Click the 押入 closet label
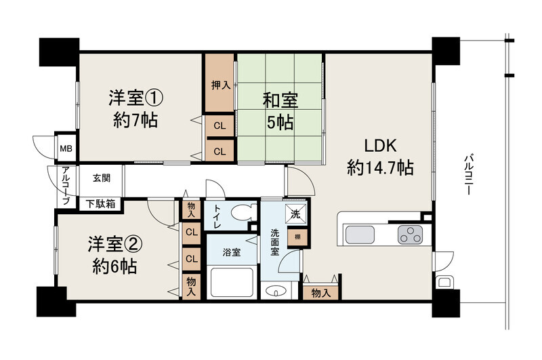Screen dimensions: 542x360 pyautogui.click(x=221, y=85)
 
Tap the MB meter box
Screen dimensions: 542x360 pyautogui.click(x=66, y=148)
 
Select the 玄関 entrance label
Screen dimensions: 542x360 pyautogui.click(x=101, y=178)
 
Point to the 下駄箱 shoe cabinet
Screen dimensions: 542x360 pyautogui.click(x=100, y=204)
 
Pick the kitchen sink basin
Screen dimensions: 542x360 pyautogui.click(x=360, y=235)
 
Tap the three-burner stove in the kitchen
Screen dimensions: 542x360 pyautogui.click(x=411, y=235)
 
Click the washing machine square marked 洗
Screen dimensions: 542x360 pyautogui.click(x=295, y=214)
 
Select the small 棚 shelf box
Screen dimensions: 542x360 pyautogui.click(x=297, y=237)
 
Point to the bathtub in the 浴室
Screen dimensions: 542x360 pyautogui.click(x=232, y=282)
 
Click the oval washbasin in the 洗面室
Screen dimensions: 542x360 pyautogui.click(x=276, y=291)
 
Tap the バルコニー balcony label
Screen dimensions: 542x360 pyautogui.click(x=468, y=175)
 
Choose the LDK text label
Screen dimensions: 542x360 pyautogui.click(x=380, y=146)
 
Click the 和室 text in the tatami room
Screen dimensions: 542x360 pyautogui.click(x=280, y=100)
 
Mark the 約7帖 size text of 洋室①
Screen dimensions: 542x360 pyautogui.click(x=135, y=121)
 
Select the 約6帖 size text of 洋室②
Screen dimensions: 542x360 pyautogui.click(x=114, y=266)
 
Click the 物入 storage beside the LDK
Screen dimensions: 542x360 pyautogui.click(x=321, y=293)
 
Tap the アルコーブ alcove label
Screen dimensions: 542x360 pyautogui.click(x=66, y=185)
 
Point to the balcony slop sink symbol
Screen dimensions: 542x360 pyautogui.click(x=444, y=282)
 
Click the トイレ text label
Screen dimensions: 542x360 pyautogui.click(x=217, y=216)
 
